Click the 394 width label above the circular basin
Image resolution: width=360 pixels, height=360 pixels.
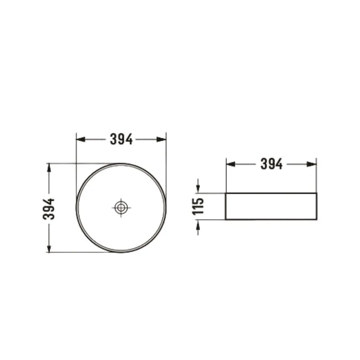coord(121,140)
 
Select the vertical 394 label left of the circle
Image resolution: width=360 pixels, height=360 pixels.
coord(49,208)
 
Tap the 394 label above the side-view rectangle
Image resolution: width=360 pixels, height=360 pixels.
coord(271,164)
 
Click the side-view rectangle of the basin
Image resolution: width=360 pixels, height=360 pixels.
coord(271,206)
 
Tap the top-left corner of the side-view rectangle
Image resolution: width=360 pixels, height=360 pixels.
coord(225,193)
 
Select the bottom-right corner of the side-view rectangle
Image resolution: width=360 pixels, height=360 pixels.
coord(316,219)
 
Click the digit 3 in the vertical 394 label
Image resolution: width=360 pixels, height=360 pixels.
coord(49,215)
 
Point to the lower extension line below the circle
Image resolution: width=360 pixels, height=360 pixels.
coord(84,252)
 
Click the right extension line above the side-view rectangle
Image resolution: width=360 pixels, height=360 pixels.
coord(316,175)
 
